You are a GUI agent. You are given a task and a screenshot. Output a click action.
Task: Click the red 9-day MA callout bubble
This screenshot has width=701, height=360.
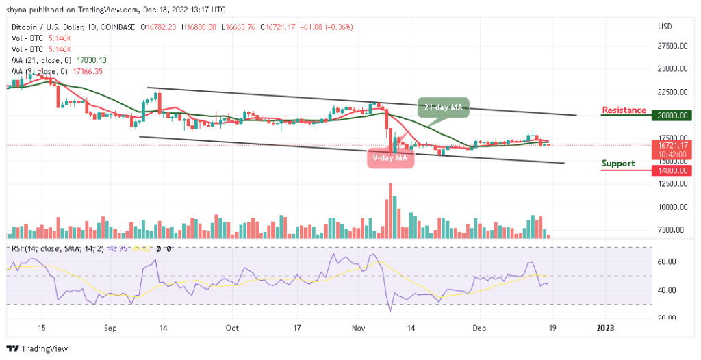click(x=390, y=158)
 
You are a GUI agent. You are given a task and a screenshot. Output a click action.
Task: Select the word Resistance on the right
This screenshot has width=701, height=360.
click(x=624, y=110)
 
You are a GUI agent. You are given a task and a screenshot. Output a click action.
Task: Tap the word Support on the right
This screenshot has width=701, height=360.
click(x=618, y=164)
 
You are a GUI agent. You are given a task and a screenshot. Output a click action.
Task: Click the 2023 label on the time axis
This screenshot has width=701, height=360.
click(x=604, y=328)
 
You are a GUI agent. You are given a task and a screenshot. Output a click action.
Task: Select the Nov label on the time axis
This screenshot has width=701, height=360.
click(x=359, y=328)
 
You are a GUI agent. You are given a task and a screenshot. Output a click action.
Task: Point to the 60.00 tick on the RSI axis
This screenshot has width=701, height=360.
click(x=667, y=261)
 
